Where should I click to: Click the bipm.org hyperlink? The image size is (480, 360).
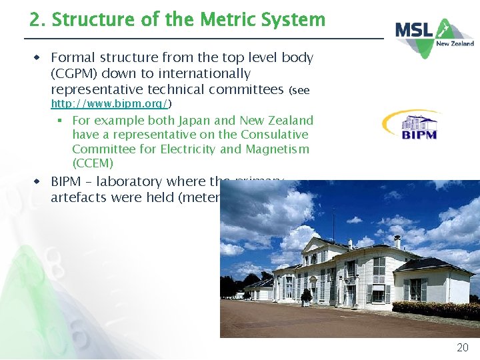[112, 103]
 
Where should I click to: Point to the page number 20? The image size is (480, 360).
[462, 347]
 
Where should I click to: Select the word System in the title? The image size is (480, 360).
[293, 20]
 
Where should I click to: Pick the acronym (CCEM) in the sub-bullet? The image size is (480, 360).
[93, 163]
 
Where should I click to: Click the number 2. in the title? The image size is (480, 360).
[38, 20]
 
